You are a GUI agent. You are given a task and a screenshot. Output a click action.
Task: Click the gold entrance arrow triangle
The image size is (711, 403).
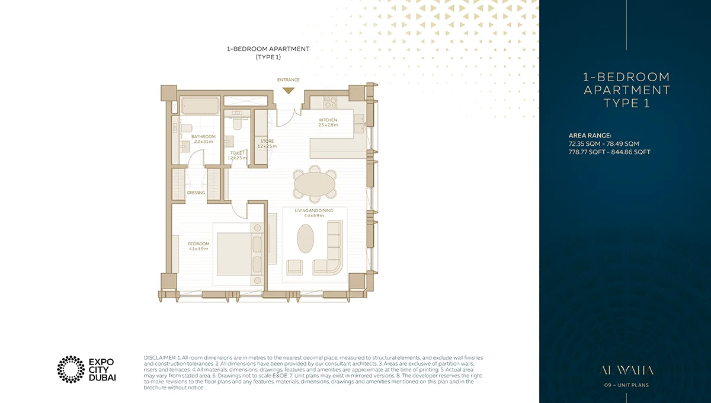pos(288,90)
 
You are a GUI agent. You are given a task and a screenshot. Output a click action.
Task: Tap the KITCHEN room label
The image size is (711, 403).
pos(328,120)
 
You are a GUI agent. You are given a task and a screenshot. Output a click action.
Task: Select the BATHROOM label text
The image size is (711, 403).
pos(203,136)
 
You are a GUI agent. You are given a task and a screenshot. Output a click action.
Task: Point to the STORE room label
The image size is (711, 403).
pos(266,141)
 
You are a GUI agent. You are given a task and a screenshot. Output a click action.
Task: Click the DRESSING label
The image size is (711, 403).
pos(196,193)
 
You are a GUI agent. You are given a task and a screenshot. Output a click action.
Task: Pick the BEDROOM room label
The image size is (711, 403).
pos(198,244)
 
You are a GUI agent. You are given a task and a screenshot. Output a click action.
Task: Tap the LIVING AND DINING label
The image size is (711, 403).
pos(314,210)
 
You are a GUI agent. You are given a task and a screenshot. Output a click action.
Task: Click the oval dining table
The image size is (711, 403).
pos(314,183)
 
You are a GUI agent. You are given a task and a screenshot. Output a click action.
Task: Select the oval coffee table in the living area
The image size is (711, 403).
pos(306,239)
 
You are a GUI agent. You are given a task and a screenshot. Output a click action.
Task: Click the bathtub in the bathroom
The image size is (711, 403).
pos(200,106)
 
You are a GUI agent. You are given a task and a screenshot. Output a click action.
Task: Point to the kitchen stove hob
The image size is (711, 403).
pos(330,101)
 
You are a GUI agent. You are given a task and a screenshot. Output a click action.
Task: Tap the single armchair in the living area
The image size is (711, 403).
pos(295,267)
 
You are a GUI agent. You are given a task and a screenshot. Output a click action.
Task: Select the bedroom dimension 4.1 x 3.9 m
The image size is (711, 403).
pos(198,249)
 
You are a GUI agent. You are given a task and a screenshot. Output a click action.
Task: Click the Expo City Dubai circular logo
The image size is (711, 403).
pos(71,369)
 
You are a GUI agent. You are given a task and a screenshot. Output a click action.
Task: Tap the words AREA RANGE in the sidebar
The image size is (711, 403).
pos(589,135)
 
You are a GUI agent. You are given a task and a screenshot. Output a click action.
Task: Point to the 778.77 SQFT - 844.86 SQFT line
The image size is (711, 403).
pos(609,152)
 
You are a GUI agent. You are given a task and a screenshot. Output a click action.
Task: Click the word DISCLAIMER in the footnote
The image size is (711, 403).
pos(160,359)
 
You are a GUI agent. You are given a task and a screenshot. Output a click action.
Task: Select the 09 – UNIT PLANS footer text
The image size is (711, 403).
pos(627,386)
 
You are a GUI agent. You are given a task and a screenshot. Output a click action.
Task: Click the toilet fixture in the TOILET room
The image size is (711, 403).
pos(237,125)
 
